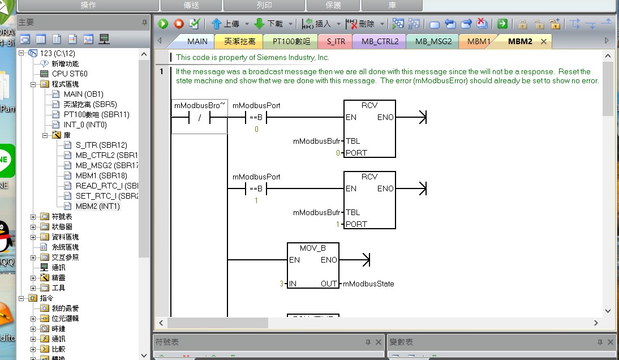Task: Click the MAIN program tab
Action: [197, 41]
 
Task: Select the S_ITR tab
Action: [336, 41]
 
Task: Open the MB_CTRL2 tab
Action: [380, 41]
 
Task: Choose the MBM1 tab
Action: [479, 41]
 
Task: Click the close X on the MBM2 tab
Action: [544, 41]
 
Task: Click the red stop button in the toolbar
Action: [179, 24]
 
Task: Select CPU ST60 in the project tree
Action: [70, 74]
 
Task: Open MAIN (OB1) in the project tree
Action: [83, 94]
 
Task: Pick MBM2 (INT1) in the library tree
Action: [97, 206]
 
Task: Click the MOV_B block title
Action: [312, 248]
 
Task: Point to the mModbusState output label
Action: [368, 284]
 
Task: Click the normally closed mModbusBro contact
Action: [199, 118]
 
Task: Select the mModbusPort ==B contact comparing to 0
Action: [256, 118]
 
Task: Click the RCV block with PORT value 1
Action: [369, 200]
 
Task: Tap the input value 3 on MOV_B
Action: [281, 284]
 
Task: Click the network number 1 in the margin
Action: [162, 71]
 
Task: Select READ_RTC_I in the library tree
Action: [106, 186]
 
